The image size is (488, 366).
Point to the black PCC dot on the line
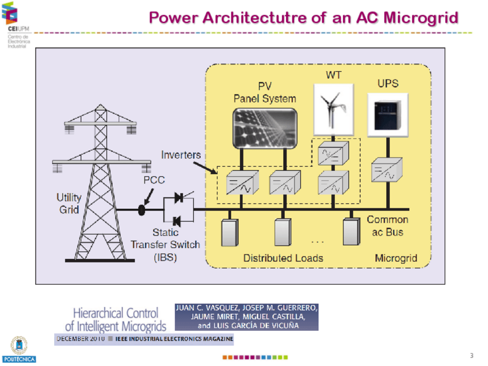click(x=142, y=210)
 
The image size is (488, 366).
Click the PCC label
click(x=154, y=180)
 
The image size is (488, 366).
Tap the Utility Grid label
click(x=68, y=203)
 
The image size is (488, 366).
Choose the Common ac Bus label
click(x=387, y=226)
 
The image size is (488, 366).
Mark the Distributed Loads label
click(x=283, y=258)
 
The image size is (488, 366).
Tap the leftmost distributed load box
click(x=230, y=231)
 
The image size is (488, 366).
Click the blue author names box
click(x=246, y=317)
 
